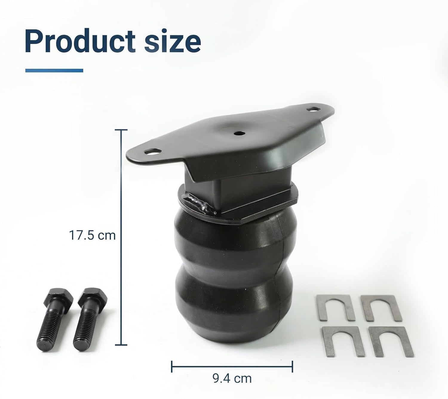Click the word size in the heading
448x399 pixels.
pyautogui.click(x=172, y=41)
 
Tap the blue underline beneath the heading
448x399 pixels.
pyautogui.click(x=54, y=71)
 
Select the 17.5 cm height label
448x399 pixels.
pyautogui.click(x=92, y=235)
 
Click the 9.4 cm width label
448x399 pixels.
pyautogui.click(x=232, y=378)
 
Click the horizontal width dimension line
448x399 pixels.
pyautogui.click(x=232, y=366)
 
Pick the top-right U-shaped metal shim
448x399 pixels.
pyautogui.click(x=380, y=308)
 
